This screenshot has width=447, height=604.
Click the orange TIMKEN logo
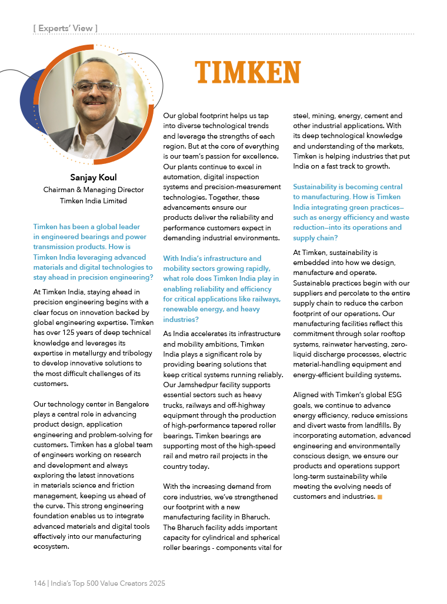(248, 72)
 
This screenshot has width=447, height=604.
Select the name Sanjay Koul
(94, 177)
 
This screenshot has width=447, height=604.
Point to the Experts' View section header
(65, 28)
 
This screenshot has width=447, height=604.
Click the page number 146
(39, 583)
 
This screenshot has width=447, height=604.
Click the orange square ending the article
(380, 497)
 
